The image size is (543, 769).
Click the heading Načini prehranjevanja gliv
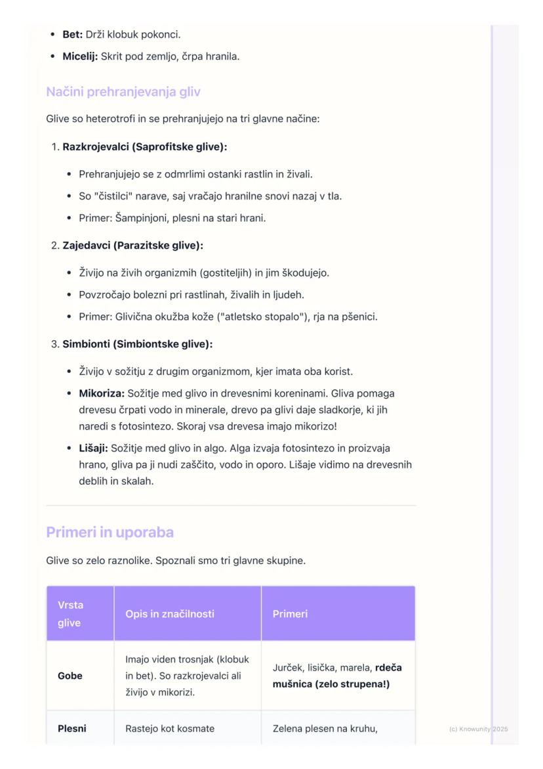[x=123, y=92]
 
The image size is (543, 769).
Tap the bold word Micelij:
[x=80, y=56]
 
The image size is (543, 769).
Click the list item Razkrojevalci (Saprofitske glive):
[x=144, y=146]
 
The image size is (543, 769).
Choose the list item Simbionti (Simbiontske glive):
[x=138, y=343]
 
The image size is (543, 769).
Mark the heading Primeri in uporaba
[x=110, y=532]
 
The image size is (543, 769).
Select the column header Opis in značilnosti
[x=169, y=614]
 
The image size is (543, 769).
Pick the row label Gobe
[x=70, y=676]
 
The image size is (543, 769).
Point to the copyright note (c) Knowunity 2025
[x=478, y=729]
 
